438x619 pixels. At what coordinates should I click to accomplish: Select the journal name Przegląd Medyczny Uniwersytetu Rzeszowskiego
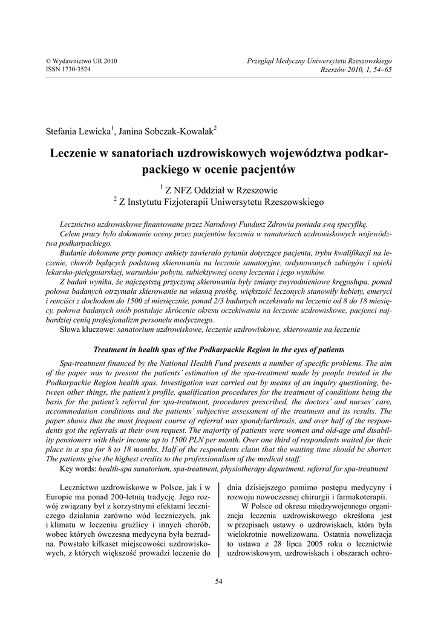tap(320, 62)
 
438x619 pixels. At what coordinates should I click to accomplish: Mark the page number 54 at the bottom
tap(219, 582)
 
